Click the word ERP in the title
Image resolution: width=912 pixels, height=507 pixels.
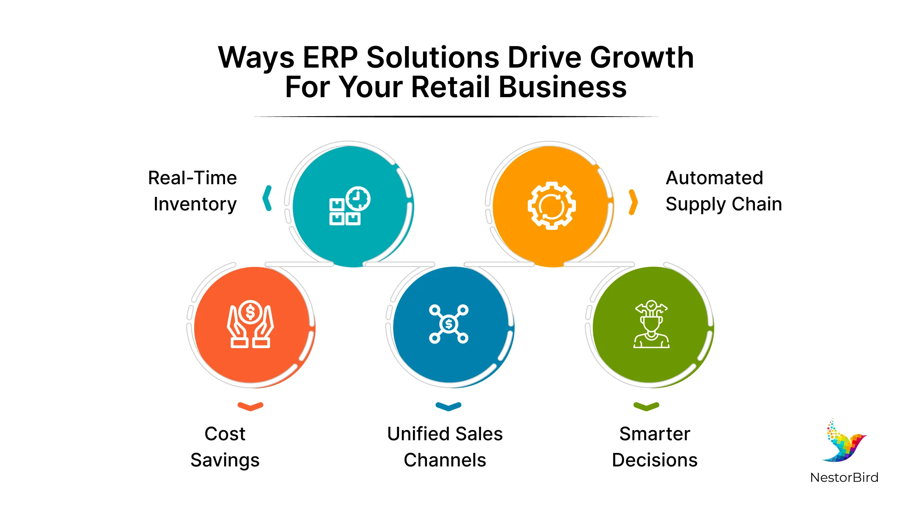[330, 57]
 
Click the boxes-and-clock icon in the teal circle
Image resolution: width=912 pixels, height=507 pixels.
[350, 206]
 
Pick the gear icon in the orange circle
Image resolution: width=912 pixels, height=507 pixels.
[551, 206]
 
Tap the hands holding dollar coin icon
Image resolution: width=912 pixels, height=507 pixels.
[250, 324]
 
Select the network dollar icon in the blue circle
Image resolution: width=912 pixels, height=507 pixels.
[449, 324]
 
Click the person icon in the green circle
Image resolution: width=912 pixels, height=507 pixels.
[651, 324]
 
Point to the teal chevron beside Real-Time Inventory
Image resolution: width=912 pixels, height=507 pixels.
[267, 198]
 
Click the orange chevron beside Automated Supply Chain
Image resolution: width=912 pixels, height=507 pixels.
[633, 202]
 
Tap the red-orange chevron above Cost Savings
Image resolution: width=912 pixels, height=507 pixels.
[250, 406]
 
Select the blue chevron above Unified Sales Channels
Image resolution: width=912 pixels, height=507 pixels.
[448, 406]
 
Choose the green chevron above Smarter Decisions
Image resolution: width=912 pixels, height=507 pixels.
[646, 406]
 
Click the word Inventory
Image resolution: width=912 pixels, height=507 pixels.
[195, 204]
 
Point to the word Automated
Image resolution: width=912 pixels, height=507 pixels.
[714, 178]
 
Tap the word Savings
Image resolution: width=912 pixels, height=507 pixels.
[225, 461]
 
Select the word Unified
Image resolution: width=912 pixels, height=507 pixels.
[418, 434]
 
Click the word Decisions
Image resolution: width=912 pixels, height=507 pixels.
[654, 460]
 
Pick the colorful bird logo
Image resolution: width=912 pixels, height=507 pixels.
[844, 442]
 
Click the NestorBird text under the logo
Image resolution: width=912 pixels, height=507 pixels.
[844, 477]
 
